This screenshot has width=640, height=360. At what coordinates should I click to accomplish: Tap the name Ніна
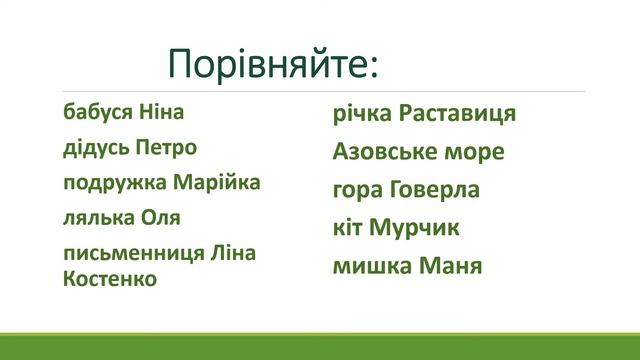pos(158,112)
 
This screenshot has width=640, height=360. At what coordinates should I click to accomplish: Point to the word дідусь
pos(94,148)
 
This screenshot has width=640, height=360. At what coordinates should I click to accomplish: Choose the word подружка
pos(111,183)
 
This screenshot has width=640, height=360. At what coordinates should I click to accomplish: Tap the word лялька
pos(96,218)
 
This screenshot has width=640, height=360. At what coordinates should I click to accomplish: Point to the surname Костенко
pos(109,278)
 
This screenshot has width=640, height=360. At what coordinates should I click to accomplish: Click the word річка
pos(362,113)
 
